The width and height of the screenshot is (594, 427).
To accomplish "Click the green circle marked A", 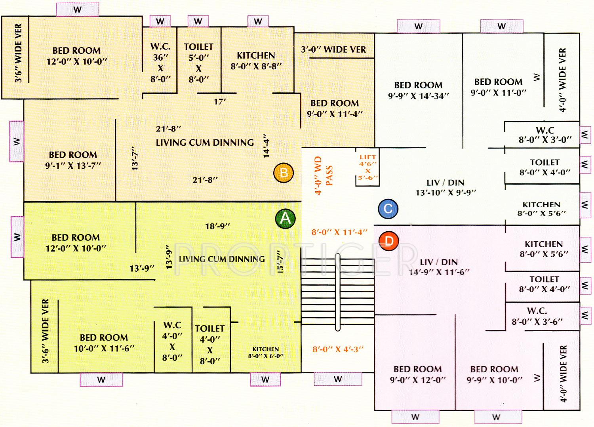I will tap(285, 219).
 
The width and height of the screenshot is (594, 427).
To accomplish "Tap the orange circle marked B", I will tap(284, 173).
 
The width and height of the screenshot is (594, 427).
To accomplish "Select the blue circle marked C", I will tap(388, 209).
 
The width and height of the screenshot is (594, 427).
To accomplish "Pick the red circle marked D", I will tap(388, 241).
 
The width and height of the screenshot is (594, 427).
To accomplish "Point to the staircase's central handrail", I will tap(338, 292).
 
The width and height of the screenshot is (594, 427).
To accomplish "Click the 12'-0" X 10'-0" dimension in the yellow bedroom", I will tap(76, 248).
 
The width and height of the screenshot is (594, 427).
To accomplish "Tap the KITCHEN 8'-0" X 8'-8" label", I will tap(256, 61).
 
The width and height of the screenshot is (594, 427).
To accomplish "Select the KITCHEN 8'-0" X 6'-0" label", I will tap(266, 353).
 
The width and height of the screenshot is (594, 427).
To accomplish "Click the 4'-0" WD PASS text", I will tap(324, 175).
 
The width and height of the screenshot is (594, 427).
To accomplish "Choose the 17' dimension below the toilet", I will tap(220, 102).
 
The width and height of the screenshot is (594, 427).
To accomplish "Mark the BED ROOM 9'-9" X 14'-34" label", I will tap(419, 90).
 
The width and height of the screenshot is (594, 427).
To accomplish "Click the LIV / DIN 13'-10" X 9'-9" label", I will tap(445, 187).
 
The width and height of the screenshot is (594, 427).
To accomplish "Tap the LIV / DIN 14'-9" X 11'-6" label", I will tap(439, 267).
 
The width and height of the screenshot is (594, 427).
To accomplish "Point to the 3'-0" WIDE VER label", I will tap(333, 50).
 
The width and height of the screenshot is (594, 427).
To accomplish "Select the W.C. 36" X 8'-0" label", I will tap(160, 63).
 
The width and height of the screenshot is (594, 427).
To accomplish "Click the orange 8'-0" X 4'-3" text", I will tap(338, 349).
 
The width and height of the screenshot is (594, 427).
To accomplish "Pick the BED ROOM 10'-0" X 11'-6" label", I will tap(104, 343).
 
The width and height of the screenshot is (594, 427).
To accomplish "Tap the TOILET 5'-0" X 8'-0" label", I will tap(198, 63).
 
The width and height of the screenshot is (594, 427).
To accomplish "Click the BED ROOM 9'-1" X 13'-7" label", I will tap(73, 160).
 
